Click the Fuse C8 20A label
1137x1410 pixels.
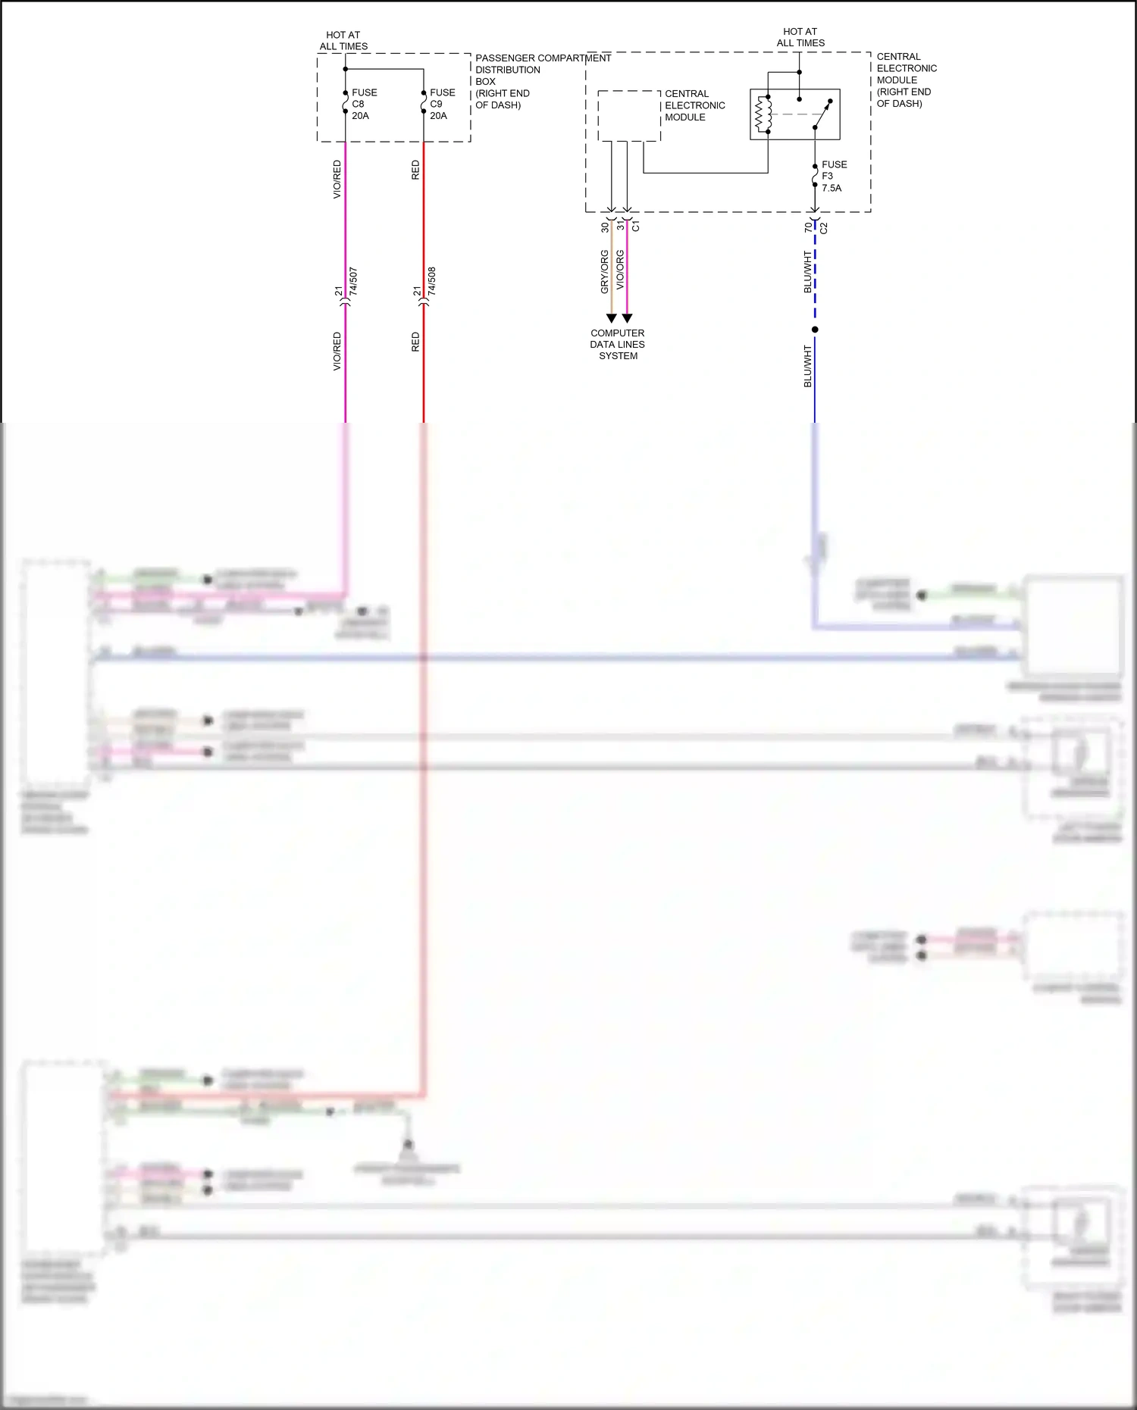363,104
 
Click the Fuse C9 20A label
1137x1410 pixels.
441,104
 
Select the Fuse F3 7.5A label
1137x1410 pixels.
833,176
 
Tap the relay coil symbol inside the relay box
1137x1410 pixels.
762,115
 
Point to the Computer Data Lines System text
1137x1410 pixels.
618,344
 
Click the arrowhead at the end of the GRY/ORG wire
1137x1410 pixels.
611,318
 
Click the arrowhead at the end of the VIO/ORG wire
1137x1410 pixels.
627,318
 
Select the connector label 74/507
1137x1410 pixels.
353,281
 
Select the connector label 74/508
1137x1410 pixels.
432,281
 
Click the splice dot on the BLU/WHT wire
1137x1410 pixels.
815,330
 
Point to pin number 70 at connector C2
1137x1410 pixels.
807,227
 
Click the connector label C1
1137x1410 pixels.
636,226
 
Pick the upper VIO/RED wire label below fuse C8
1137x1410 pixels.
337,180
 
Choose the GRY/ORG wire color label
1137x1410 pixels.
604,271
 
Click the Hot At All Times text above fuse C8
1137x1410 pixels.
343,40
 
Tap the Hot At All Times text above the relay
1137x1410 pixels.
800,37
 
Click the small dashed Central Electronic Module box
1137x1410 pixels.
628,115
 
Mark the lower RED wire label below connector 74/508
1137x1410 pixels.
415,342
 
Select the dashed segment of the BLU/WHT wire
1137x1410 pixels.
815,273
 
